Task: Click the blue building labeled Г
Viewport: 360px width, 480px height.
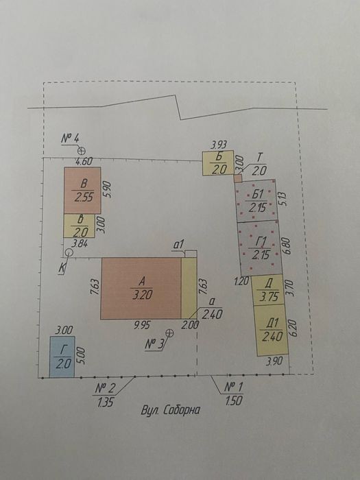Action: pos(62,357)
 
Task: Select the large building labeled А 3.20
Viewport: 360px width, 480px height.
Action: pos(141,289)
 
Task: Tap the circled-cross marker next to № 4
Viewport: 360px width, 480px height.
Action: pos(81,151)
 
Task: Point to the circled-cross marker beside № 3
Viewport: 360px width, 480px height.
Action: pos(169,333)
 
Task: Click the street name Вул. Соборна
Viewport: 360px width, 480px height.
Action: pos(171,410)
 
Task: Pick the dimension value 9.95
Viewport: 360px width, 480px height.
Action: pos(142,325)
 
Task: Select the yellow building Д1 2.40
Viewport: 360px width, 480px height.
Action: pos(272,330)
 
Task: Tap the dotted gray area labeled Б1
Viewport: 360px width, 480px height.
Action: pos(256,201)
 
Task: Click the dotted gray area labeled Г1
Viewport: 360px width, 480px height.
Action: pos(260,248)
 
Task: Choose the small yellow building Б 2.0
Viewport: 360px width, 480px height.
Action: pos(218,163)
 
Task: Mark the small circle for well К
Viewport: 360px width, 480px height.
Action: pos(69,252)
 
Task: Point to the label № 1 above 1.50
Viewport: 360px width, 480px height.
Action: pos(234,387)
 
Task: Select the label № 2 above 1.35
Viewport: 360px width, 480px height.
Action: pos(105,389)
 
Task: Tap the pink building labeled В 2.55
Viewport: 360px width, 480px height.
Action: pos(82,190)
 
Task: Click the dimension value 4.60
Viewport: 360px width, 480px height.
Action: pos(84,162)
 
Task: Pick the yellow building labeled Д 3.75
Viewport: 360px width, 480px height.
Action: pos(268,290)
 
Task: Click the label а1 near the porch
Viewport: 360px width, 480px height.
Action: pos(178,245)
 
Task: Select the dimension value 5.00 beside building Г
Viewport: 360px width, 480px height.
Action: pos(82,355)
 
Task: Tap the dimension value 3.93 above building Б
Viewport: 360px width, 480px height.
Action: pos(219,145)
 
